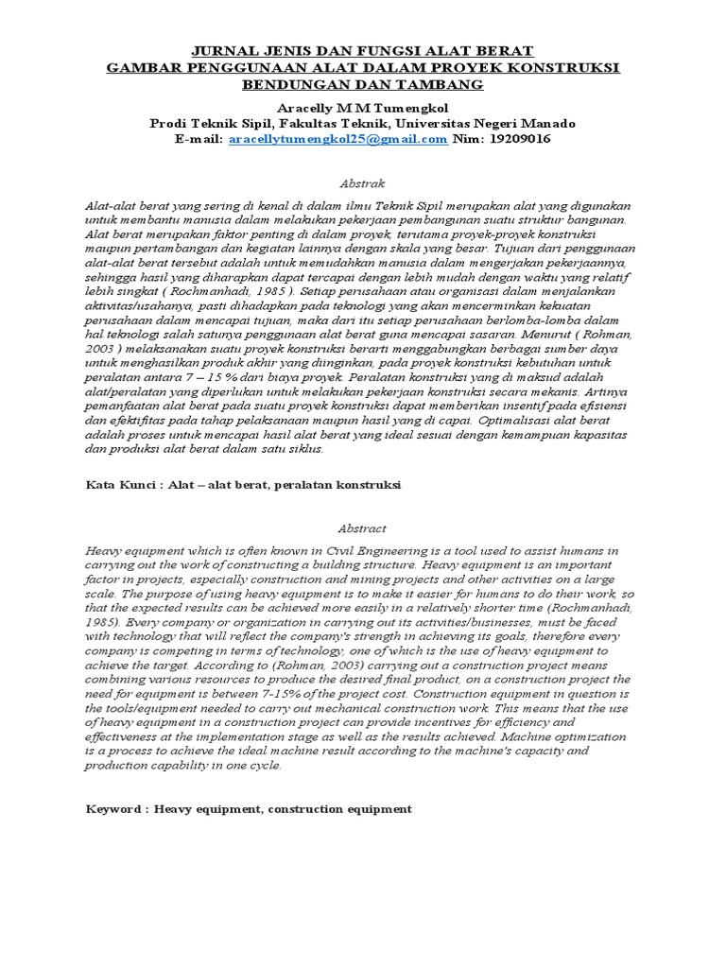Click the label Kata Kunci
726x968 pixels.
point(120,485)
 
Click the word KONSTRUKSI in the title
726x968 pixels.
point(570,67)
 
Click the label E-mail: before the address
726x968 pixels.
point(199,139)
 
